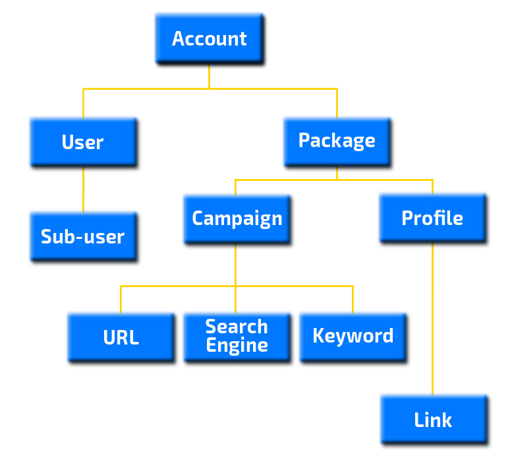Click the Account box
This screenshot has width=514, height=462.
210,39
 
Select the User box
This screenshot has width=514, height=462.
83,142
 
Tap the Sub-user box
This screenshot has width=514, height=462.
83,236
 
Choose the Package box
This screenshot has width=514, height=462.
337,141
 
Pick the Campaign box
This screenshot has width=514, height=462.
237,218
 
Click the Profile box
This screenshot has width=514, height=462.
432,218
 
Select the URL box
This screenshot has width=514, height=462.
121,337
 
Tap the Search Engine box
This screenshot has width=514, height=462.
237,337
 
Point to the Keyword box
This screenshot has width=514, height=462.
353,336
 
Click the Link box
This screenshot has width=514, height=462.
433,420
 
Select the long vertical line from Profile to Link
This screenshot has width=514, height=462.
432,317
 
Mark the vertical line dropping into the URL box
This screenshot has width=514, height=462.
121,300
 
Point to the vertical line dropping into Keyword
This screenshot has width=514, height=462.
353,300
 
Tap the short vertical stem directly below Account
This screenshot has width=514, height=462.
210,76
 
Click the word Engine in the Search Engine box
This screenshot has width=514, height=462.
237,346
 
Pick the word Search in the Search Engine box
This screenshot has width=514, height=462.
237,327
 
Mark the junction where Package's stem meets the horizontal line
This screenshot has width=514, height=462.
337,180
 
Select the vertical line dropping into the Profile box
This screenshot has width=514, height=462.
432,187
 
